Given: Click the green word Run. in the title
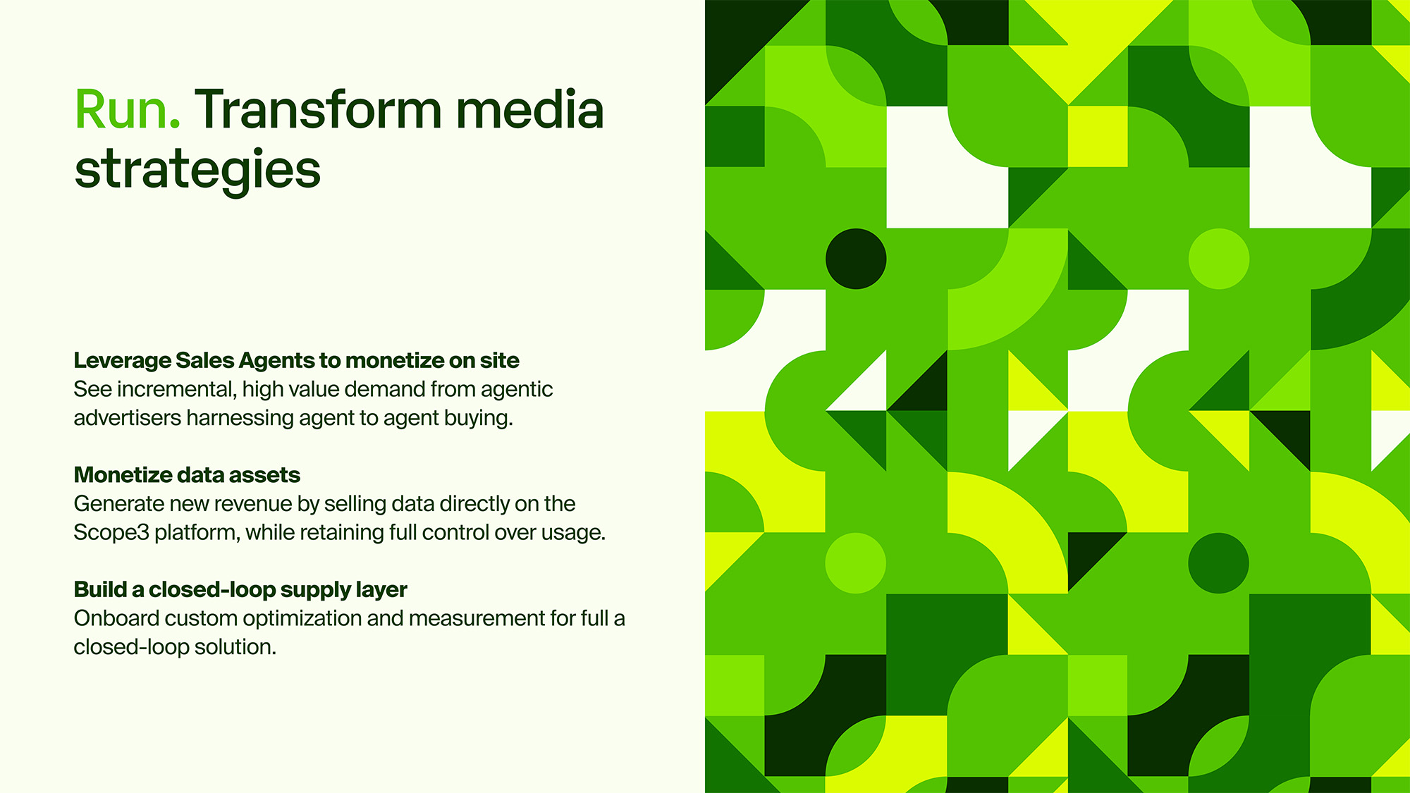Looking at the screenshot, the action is tap(128, 110).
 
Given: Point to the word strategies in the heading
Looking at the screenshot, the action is tap(197, 171).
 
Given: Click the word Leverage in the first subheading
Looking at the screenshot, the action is tap(123, 361).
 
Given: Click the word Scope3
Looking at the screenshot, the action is tap(111, 533).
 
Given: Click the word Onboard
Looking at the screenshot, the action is tap(116, 618).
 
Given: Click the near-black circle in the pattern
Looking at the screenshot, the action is tap(856, 259).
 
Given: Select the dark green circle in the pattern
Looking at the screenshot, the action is tap(1218, 563).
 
